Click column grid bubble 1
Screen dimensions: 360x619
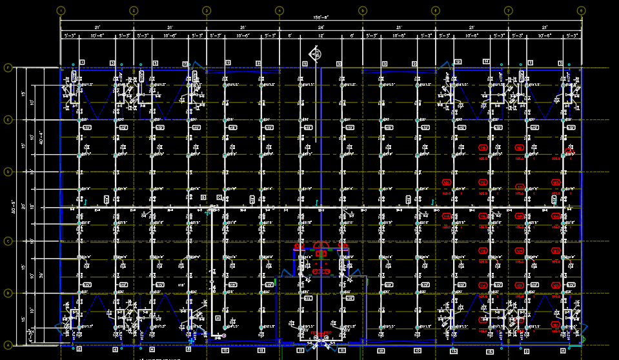click(x=61, y=10)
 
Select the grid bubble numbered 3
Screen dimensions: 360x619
click(x=207, y=10)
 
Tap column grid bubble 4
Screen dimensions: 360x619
click(x=279, y=10)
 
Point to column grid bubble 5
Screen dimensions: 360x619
click(x=363, y=10)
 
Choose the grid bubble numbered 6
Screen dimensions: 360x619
click(x=436, y=10)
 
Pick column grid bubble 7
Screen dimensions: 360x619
click(x=509, y=10)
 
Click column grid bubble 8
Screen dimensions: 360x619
click(x=581, y=10)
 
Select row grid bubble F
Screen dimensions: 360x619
click(x=8, y=67)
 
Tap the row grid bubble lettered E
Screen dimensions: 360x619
click(x=8, y=120)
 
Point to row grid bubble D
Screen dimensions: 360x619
click(x=8, y=172)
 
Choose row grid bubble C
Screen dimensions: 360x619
click(x=8, y=241)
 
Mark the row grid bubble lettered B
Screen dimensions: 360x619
click(x=8, y=293)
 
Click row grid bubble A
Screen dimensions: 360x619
click(x=8, y=345)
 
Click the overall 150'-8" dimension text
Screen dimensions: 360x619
click(x=321, y=17)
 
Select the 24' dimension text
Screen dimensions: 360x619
click(x=321, y=28)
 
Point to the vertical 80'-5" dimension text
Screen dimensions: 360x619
click(x=14, y=206)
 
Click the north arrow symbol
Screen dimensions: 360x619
click(x=316, y=54)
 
